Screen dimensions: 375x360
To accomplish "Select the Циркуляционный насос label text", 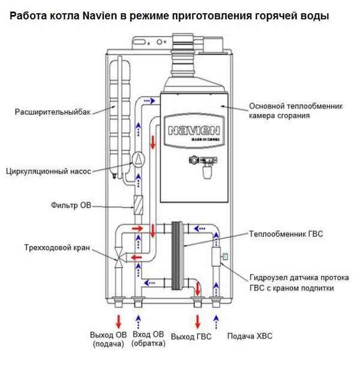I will [x=48, y=171].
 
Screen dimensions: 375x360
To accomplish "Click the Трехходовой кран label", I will [x=53, y=247].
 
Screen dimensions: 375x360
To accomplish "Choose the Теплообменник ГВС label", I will [x=286, y=233].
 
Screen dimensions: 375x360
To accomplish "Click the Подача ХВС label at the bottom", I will [x=249, y=336].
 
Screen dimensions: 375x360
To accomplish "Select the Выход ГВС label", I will [x=191, y=337].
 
